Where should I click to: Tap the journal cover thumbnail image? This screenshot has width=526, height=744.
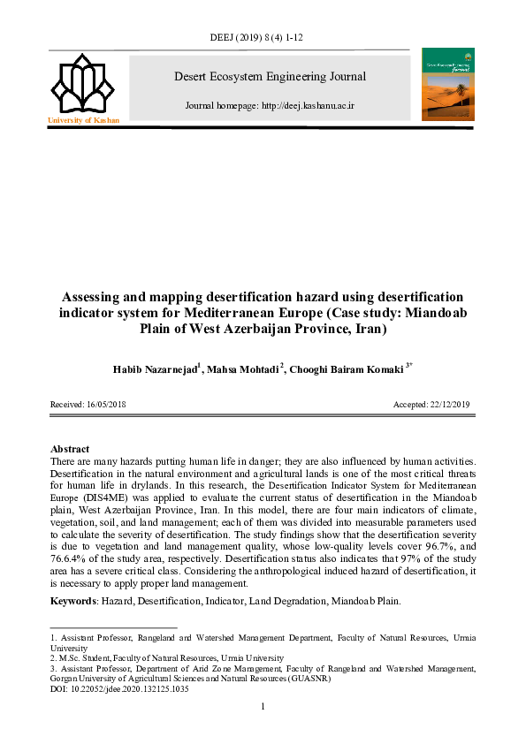448,84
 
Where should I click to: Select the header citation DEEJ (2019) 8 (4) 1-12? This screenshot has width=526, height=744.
263,39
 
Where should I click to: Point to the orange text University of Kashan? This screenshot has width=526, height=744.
82,119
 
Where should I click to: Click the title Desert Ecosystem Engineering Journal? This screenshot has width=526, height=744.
271,77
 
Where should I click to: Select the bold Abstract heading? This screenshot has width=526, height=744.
70,449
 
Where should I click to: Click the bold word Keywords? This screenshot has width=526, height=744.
73,601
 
